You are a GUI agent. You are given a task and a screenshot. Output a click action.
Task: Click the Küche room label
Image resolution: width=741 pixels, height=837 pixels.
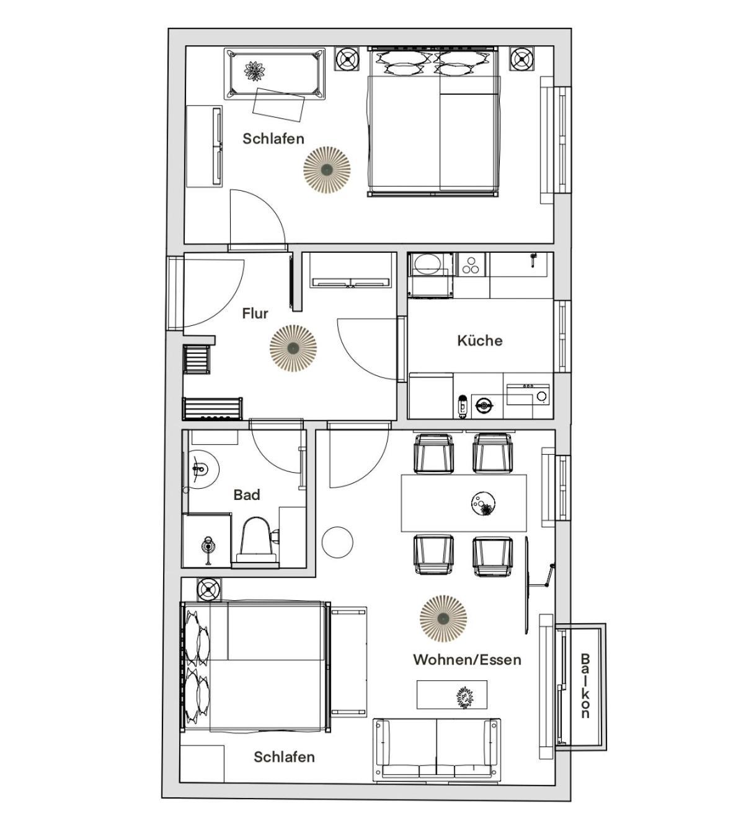[480, 341]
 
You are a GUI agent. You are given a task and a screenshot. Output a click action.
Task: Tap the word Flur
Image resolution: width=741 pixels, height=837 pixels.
[255, 313]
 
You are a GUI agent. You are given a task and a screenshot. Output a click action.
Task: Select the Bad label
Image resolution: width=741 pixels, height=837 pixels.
[247, 494]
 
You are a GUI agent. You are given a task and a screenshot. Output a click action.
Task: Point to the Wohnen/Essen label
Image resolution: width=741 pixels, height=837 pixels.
[467, 660]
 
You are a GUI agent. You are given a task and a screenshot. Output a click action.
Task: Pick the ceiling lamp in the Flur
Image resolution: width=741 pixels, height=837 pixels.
[293, 348]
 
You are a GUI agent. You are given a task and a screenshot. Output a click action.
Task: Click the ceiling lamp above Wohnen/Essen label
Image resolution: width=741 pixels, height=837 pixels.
[443, 618]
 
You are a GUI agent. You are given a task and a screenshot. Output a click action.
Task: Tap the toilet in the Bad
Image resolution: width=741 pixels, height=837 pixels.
[256, 539]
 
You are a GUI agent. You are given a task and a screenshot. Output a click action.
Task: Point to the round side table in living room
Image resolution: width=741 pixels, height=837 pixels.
[337, 542]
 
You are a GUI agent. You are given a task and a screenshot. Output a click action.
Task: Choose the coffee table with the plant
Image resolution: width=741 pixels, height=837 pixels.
[451, 695]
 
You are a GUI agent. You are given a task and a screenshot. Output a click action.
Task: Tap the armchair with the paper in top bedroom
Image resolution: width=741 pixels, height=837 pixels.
[275, 74]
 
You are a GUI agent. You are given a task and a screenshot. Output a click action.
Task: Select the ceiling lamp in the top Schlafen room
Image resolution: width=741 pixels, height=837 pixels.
[327, 169]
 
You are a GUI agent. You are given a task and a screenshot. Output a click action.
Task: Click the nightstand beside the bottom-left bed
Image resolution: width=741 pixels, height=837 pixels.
[209, 590]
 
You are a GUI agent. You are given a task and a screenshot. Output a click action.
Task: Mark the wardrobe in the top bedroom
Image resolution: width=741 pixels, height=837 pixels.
[204, 146]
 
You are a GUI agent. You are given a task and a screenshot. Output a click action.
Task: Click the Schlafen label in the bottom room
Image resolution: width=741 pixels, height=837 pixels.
[284, 757]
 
